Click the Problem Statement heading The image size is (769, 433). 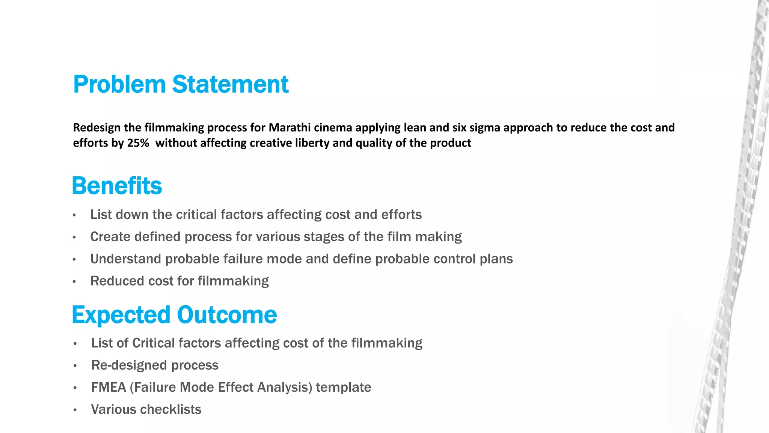point(181,84)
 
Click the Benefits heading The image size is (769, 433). point(117,186)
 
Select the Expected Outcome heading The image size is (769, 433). point(174,315)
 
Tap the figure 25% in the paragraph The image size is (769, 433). point(138,143)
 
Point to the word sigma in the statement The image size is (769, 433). point(485,128)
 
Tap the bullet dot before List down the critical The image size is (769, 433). point(74,215)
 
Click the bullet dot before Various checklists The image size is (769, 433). point(75,410)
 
